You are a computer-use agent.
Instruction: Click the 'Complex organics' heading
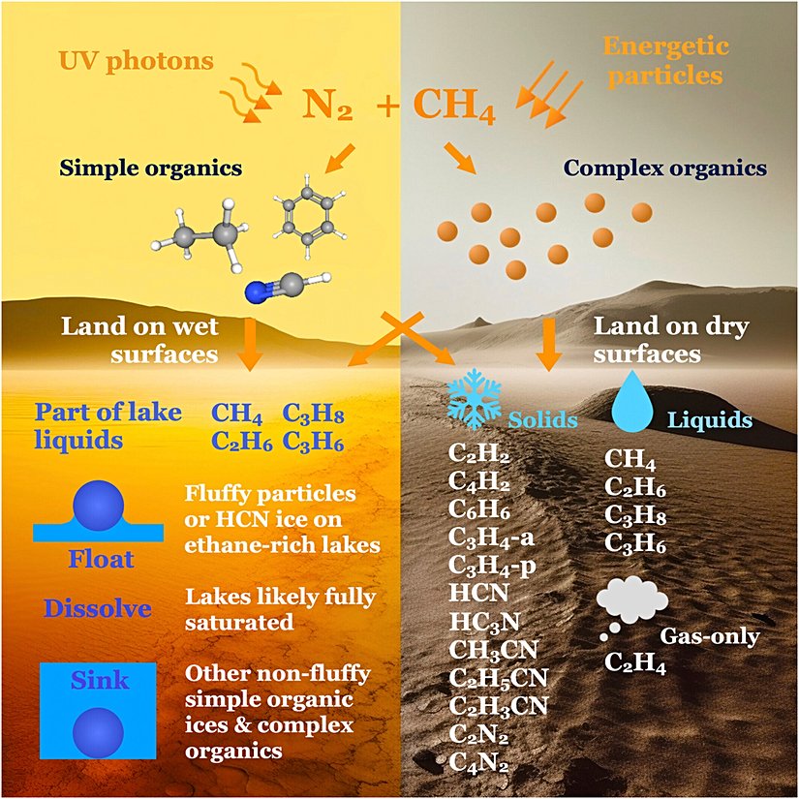click(664, 168)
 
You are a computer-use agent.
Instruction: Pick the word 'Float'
click(101, 559)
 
